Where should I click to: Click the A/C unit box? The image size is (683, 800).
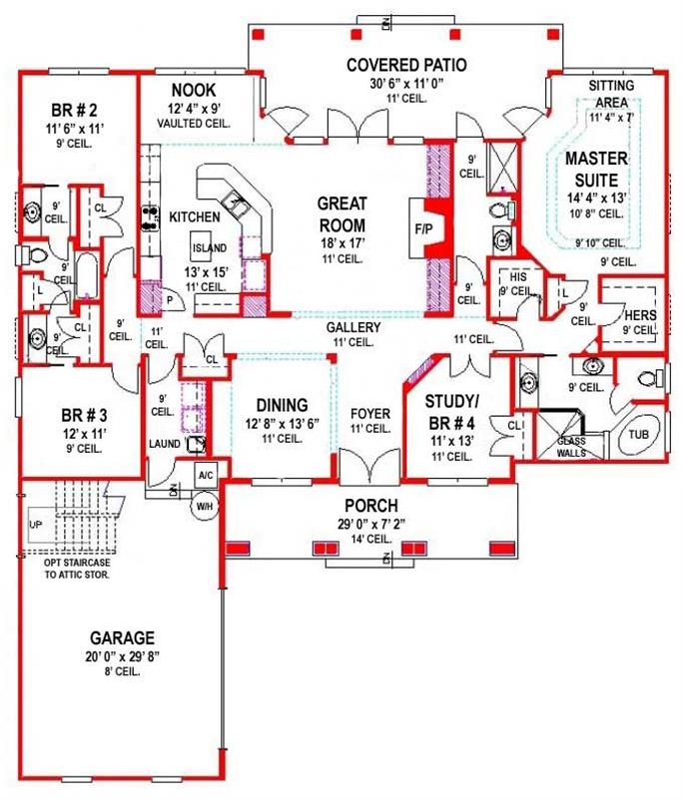click(x=205, y=476)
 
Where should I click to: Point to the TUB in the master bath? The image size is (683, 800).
click(x=639, y=435)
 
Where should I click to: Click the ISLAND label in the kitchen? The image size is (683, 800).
click(x=210, y=247)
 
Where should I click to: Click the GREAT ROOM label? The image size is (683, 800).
click(x=341, y=212)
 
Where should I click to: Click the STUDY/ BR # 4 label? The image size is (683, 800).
click(x=453, y=411)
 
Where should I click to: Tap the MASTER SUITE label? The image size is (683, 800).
click(x=596, y=169)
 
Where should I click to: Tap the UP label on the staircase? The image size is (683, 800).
click(x=36, y=524)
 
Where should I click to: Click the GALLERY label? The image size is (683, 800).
click(x=353, y=326)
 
